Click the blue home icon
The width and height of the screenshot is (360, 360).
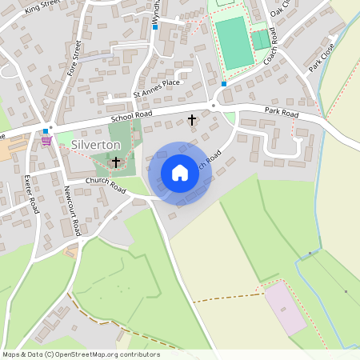pos(180,173)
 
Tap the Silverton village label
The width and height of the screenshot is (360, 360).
pos(95,145)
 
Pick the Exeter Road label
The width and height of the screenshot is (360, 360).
pos(31,194)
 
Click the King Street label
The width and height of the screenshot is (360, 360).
pos(42,8)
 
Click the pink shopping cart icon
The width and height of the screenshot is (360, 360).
pos(46,140)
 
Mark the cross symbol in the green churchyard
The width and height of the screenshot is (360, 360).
pos(116,162)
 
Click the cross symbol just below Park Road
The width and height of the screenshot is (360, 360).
pos(191,120)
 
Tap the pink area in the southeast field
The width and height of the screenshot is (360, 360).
pos(285,308)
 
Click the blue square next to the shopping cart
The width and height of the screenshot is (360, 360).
pos(46,131)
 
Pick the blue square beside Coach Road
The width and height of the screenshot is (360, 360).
pos(224,83)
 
